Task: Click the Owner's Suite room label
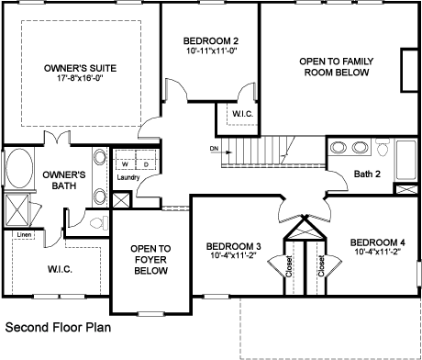pyautogui.click(x=80, y=68)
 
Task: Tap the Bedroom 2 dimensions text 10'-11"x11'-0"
pyautogui.click(x=211, y=51)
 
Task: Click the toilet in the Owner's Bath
pyautogui.click(x=100, y=222)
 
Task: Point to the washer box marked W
pyautogui.click(x=125, y=159)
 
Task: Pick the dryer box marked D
pyautogui.click(x=146, y=159)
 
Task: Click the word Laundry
pyautogui.click(x=128, y=177)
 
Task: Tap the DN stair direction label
pyautogui.click(x=214, y=149)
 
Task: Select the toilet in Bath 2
pyautogui.click(x=383, y=147)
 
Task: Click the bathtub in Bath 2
pyautogui.click(x=406, y=160)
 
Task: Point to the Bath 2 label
pyautogui.click(x=367, y=174)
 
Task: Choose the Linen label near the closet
pyautogui.click(x=24, y=235)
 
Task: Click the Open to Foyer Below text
pyautogui.click(x=150, y=260)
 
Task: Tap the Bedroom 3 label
pyautogui.click(x=233, y=246)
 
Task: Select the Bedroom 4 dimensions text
pyautogui.click(x=378, y=252)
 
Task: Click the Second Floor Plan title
pyautogui.click(x=58, y=327)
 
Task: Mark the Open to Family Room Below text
pyautogui.click(x=337, y=67)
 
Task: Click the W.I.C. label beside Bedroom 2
pyautogui.click(x=242, y=114)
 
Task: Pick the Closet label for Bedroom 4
pyautogui.click(x=321, y=265)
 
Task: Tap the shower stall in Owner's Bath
pyautogui.click(x=17, y=210)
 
